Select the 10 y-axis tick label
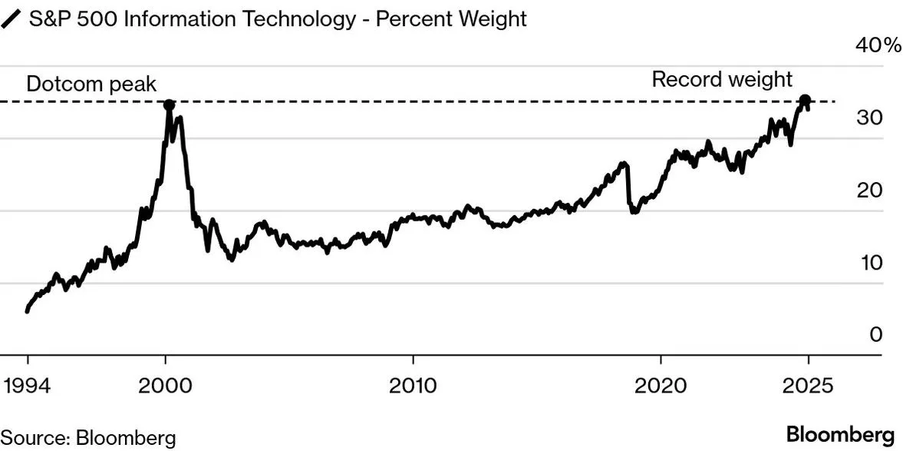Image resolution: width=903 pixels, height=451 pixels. click(x=871, y=263)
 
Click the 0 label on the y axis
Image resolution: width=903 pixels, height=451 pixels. click(x=876, y=335)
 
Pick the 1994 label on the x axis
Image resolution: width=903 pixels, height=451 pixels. click(x=28, y=385)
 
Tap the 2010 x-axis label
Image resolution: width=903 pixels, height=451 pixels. click(x=413, y=385)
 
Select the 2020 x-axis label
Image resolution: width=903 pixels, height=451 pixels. click(x=661, y=385)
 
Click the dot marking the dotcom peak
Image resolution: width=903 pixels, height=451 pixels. click(x=169, y=104)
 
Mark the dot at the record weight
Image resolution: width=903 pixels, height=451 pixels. click(x=805, y=101)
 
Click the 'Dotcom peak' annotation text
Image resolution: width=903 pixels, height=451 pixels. click(x=91, y=84)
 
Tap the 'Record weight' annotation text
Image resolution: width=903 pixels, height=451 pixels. click(x=721, y=79)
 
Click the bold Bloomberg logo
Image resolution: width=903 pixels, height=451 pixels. click(x=840, y=432)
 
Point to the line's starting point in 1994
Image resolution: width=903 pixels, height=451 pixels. click(x=28, y=310)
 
